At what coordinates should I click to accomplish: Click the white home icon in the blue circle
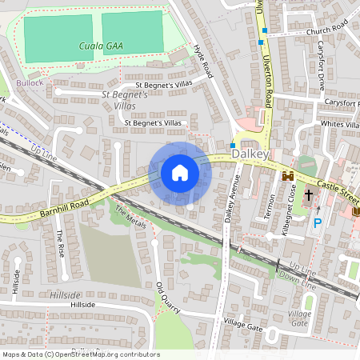coord(180,172)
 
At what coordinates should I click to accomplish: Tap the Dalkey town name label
coord(247,152)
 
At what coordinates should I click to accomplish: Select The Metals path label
coord(130,216)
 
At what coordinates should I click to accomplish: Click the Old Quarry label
coord(165,297)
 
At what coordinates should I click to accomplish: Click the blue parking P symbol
coord(317,223)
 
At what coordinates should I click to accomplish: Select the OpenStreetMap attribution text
coord(80,354)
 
